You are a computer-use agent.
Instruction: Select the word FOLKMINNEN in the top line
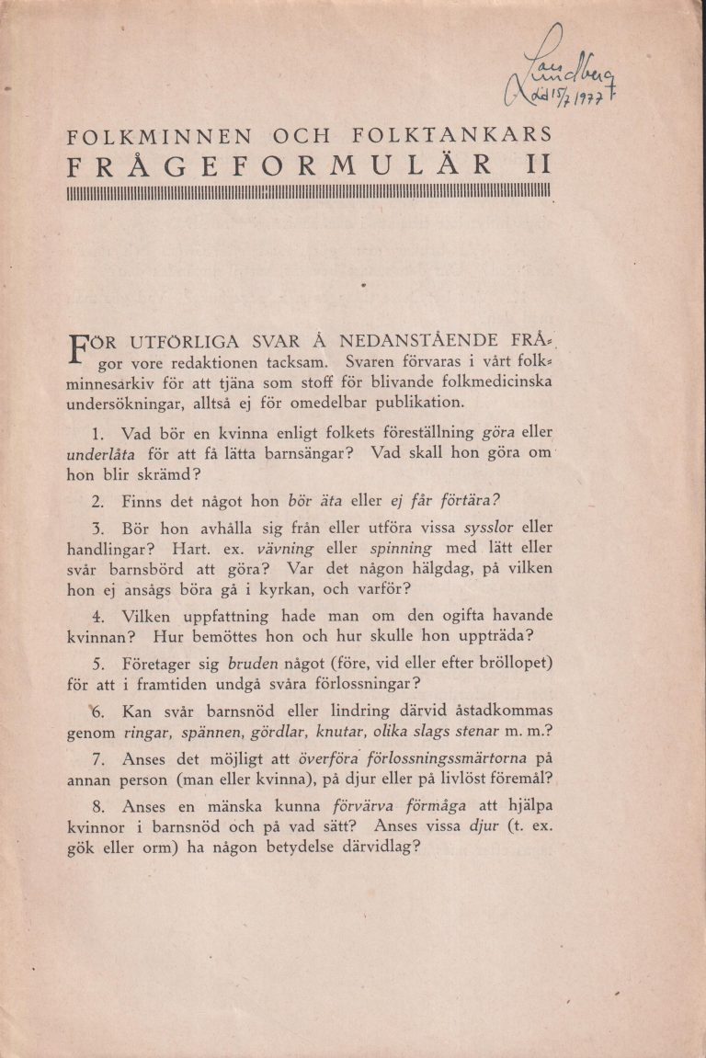(160, 137)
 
